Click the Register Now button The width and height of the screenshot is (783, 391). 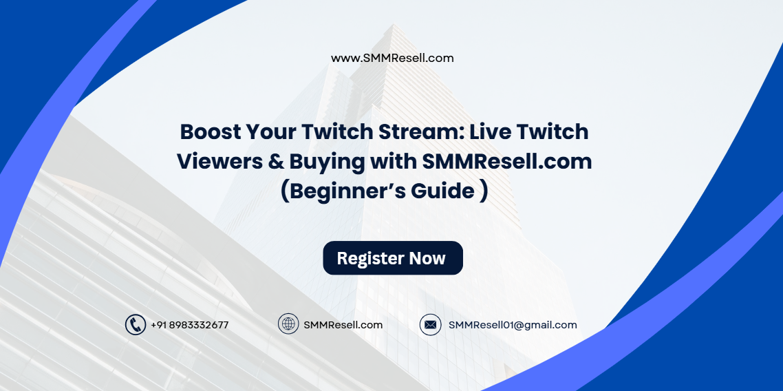pos(393,258)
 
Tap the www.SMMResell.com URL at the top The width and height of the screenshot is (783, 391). pos(392,59)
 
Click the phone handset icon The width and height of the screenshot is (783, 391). pos(136,325)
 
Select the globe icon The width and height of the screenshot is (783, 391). pos(288,324)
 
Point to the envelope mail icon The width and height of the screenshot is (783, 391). pos(431,325)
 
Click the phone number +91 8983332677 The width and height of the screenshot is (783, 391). pos(190,325)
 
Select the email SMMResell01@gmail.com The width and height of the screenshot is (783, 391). pos(513,325)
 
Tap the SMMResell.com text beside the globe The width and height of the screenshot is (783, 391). pos(343,325)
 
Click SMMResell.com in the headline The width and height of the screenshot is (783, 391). pos(507,161)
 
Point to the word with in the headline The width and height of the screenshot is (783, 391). pos(394,161)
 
